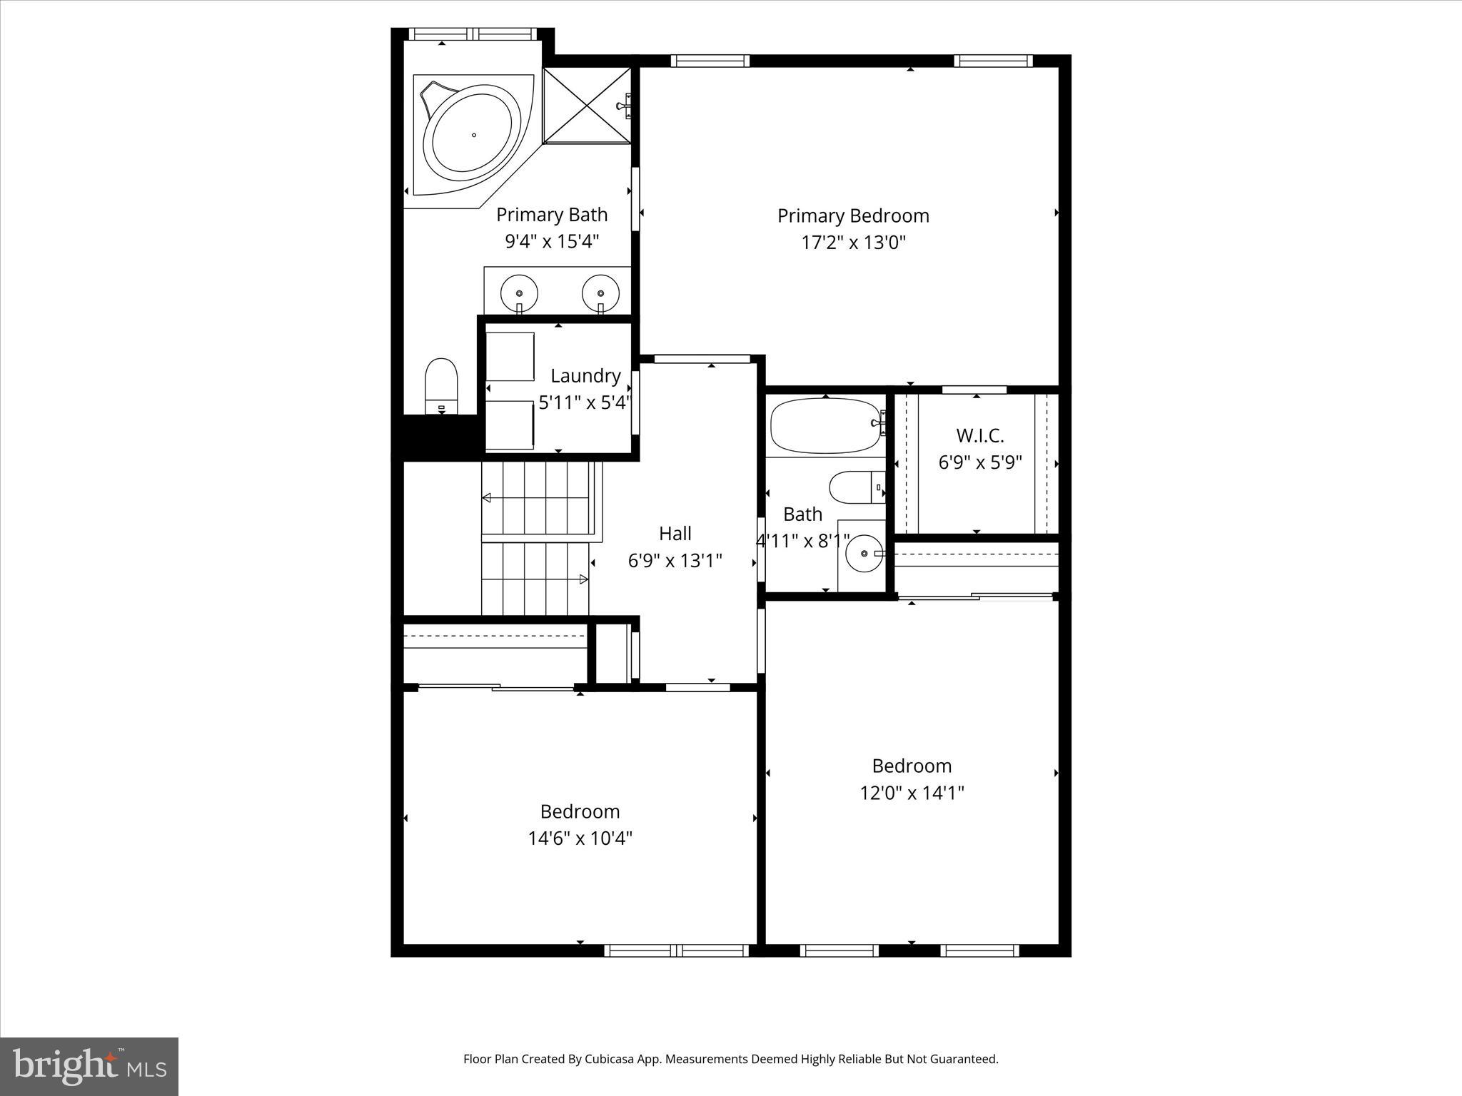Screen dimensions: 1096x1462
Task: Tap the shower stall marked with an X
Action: [x=587, y=106]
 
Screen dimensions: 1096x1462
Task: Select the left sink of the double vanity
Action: [x=519, y=293]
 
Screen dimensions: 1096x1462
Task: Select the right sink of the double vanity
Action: [x=600, y=293]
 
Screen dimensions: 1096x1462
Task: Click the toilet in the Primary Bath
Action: [x=441, y=385]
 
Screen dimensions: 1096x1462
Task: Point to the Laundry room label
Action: [x=585, y=376]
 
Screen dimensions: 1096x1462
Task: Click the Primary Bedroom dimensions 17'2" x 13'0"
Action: [x=853, y=243]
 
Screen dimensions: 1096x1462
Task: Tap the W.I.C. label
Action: [x=979, y=435]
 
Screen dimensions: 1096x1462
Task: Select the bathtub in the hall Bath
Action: [x=825, y=426]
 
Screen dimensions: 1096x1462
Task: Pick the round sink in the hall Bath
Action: [x=864, y=554]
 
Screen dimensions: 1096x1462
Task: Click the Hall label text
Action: [x=675, y=534]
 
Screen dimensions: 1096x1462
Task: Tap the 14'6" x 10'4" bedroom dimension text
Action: [x=580, y=838]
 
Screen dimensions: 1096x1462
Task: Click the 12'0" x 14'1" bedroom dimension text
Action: [x=912, y=793]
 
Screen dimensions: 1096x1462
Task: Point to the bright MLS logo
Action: [x=89, y=1067]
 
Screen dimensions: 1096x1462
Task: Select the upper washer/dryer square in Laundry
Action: [x=510, y=356]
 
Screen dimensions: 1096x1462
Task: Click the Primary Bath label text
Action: [x=552, y=215]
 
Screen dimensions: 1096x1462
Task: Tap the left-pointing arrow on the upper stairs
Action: [x=487, y=497]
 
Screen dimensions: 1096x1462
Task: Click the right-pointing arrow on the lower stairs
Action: [x=583, y=579]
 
